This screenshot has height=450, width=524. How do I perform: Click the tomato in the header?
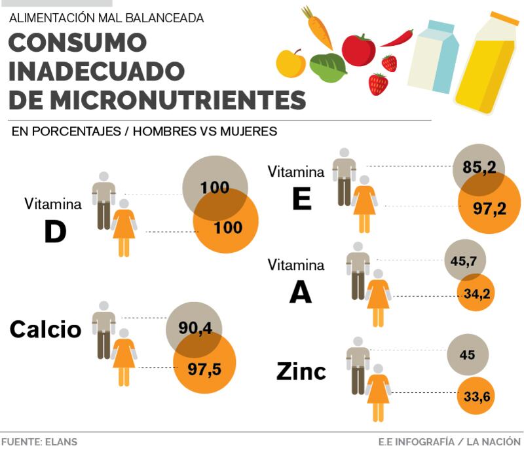click(358, 50)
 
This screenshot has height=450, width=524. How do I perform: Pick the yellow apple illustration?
click(291, 63)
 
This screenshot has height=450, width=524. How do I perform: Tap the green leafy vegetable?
click(328, 67)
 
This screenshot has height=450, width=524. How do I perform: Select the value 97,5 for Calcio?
click(204, 369)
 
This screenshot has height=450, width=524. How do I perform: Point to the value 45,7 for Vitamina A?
click(464, 260)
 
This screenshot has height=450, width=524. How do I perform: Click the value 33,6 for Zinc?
click(477, 396)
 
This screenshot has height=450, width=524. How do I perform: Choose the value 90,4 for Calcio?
click(195, 328)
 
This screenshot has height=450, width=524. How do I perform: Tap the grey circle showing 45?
click(467, 355)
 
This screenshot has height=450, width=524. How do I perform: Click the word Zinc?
click(301, 371)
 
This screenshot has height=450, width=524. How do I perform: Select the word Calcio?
click(45, 329)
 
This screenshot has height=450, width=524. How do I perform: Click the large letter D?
click(55, 231)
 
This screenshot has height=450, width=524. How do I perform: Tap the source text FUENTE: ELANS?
click(39, 441)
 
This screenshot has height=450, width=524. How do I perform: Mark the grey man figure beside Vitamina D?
click(103, 200)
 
